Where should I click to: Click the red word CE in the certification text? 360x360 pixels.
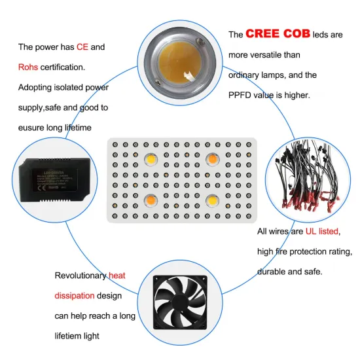click(x=82, y=47)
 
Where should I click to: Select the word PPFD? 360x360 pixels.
click(x=242, y=95)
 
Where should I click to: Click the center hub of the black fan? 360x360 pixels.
click(x=180, y=303)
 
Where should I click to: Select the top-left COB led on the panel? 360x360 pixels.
click(x=151, y=159)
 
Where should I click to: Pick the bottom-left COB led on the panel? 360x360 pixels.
click(x=151, y=199)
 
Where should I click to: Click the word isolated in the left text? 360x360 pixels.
click(x=67, y=87)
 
